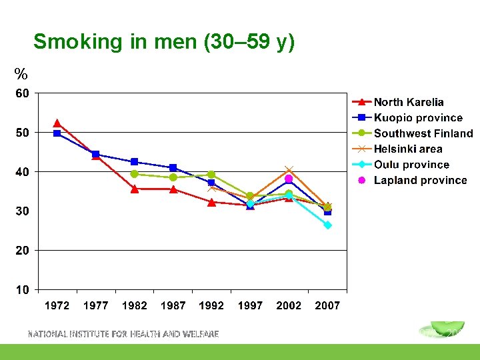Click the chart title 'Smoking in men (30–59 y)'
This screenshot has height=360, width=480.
coord(163,42)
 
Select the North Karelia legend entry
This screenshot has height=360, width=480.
coord(408,102)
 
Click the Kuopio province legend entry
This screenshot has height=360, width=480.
coord(417,118)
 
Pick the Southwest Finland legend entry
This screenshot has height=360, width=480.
coord(423,133)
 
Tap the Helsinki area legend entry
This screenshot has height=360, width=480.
coord(407,149)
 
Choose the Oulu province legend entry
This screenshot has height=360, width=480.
coord(411,165)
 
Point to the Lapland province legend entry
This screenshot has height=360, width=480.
coord(420,180)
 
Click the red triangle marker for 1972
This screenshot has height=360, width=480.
coord(57,123)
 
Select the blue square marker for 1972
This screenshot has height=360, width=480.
coord(57,133)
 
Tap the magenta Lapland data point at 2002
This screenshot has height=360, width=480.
coord(289,179)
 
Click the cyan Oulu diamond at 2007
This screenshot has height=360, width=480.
coord(327,225)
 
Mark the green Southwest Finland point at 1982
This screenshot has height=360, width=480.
coord(135,174)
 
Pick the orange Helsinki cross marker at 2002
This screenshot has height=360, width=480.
coord(289,169)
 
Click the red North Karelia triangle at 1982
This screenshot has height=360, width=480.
coord(135,189)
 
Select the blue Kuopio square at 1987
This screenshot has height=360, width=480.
coord(173,168)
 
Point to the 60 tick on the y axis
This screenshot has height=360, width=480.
coord(22,93)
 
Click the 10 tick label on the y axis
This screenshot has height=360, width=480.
coord(22,290)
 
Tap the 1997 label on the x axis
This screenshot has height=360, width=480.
coord(250,306)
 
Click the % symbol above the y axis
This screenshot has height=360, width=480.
coord(21,74)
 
